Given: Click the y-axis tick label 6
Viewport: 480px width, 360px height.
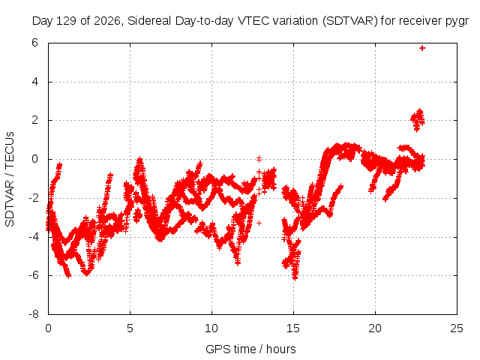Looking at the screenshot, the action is (x=34, y=43).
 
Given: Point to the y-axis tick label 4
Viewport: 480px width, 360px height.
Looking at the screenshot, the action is (x=34, y=82).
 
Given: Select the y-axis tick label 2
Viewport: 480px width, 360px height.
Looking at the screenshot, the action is (x=34, y=120).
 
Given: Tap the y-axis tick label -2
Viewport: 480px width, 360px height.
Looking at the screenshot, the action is (x=33, y=198).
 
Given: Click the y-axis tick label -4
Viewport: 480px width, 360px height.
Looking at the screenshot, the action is (x=33, y=237).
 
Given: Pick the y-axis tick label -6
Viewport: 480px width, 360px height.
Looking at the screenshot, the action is (x=33, y=275).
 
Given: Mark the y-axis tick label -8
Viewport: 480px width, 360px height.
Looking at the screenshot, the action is (x=33, y=314).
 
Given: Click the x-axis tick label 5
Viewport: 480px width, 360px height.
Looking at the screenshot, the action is (x=130, y=328).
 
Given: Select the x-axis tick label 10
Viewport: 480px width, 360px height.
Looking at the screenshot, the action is (x=211, y=328).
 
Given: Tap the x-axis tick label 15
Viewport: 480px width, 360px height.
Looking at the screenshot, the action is (x=293, y=328).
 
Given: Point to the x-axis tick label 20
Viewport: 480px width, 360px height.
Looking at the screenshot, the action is (x=375, y=328).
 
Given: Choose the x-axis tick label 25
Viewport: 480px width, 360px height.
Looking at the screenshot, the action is (x=457, y=328).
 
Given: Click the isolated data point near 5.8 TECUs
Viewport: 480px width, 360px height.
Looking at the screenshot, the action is (x=422, y=48).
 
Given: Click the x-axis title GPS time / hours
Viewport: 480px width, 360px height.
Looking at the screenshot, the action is (x=250, y=349).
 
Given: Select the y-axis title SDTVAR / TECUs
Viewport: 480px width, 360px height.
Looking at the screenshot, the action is (x=10, y=179).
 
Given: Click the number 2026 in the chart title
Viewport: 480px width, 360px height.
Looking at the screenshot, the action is (x=106, y=21).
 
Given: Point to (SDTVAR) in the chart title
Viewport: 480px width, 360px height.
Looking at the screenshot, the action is (x=350, y=21).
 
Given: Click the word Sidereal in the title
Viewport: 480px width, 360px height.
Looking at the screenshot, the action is (x=149, y=21).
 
